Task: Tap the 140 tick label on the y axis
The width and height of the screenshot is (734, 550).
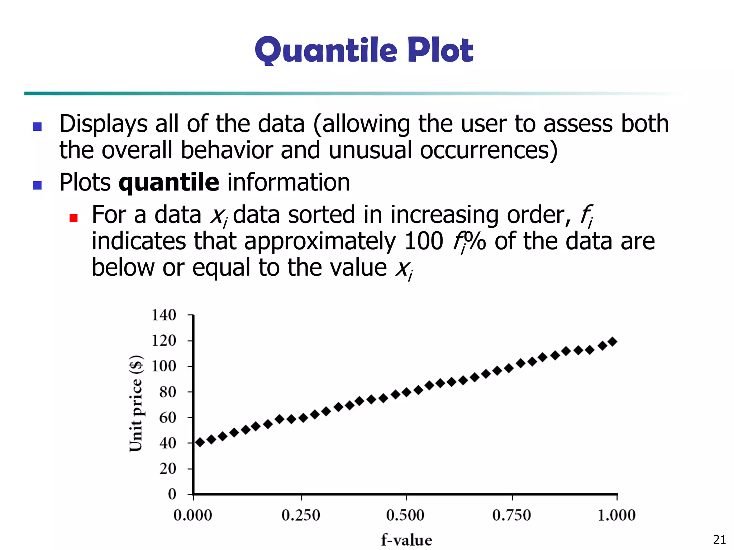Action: point(164,315)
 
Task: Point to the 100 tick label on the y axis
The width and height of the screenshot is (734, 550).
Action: point(164,366)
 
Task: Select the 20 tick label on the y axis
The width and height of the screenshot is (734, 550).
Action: point(168,468)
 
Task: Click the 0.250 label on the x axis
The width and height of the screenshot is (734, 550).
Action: point(301,515)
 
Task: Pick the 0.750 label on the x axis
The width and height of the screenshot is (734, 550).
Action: point(511,515)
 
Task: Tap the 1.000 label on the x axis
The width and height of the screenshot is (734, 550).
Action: point(616,515)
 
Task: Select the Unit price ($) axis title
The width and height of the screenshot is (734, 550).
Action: point(136,404)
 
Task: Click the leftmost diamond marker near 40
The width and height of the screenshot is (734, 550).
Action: point(200,443)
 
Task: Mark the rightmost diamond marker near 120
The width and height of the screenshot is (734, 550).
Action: point(613,342)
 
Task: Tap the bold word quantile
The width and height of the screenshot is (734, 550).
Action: point(169,183)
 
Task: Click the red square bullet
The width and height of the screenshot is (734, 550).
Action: point(73,218)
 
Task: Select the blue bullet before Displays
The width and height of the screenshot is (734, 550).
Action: point(37,126)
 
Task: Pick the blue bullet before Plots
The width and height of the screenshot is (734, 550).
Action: point(37,185)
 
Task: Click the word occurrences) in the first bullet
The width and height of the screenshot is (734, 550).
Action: point(489,150)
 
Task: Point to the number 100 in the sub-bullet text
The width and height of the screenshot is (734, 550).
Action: point(424,241)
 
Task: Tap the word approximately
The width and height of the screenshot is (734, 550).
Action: point(320,242)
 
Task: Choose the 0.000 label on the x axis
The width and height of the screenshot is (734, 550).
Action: point(193,515)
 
